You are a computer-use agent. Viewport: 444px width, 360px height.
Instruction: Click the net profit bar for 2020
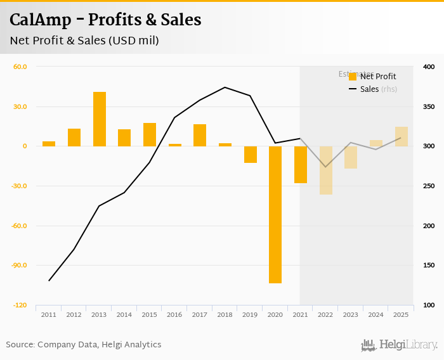tap(275, 214)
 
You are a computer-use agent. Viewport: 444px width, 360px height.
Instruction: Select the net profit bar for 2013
tap(100, 119)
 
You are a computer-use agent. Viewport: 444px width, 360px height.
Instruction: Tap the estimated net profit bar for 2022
tap(325, 170)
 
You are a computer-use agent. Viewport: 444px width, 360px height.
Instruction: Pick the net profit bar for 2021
tap(300, 164)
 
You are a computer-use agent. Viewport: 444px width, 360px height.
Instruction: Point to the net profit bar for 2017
tap(200, 135)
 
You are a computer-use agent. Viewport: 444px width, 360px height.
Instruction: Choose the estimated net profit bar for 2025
tap(401, 136)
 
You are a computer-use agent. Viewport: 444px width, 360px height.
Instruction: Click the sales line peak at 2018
tap(225, 87)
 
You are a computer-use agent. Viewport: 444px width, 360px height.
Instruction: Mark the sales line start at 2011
tap(49, 280)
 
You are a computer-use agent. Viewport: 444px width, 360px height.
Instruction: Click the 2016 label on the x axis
tap(174, 314)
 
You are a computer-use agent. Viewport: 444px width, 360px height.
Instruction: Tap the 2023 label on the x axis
tap(351, 314)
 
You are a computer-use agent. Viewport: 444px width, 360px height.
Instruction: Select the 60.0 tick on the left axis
tap(20, 67)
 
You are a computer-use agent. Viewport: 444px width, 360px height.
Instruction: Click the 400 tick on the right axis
tap(428, 67)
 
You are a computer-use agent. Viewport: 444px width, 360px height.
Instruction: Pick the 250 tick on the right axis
tap(428, 186)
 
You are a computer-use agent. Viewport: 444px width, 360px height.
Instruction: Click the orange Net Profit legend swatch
tap(353, 77)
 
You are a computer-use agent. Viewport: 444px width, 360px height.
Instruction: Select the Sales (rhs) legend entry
tap(378, 89)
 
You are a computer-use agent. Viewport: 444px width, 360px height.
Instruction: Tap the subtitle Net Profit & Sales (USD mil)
tap(84, 41)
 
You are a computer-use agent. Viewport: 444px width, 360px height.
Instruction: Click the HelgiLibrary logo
tap(399, 345)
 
